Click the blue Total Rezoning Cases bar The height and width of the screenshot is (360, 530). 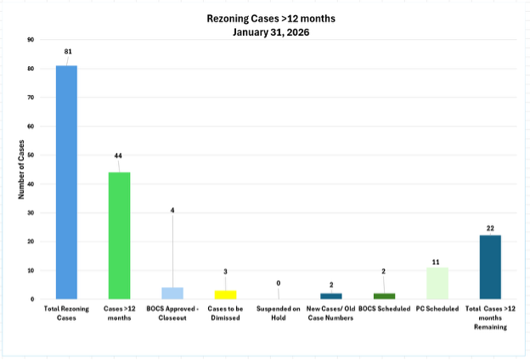click(x=66, y=182)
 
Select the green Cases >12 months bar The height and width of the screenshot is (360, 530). click(x=119, y=235)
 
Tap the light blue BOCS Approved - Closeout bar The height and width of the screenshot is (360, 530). click(x=172, y=293)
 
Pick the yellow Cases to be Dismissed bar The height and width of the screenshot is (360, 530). click(x=225, y=295)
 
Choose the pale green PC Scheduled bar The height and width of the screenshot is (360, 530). click(x=437, y=283)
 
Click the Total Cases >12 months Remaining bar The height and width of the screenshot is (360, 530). click(x=490, y=267)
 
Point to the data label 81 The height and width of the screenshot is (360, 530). click(x=68, y=52)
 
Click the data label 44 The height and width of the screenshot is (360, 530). click(x=120, y=156)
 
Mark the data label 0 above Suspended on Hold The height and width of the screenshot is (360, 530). click(x=278, y=283)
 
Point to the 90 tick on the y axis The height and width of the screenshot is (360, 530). click(x=31, y=40)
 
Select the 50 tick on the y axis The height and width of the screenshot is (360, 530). click(x=31, y=155)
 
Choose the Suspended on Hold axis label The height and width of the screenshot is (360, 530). click(x=278, y=313)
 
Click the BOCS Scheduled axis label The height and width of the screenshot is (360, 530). click(x=384, y=309)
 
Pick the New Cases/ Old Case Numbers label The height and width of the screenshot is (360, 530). click(x=331, y=313)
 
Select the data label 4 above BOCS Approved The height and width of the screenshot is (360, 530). click(x=172, y=211)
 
